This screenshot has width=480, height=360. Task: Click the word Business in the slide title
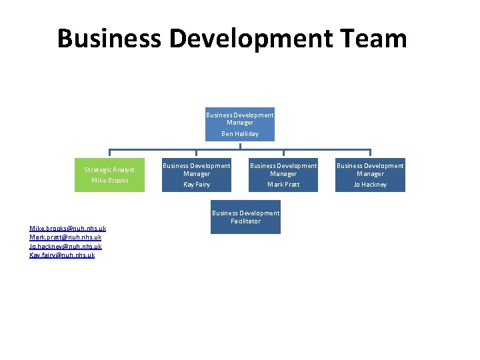click(x=109, y=39)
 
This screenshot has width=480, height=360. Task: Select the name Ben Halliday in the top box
click(x=240, y=134)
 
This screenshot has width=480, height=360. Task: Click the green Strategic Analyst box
click(x=109, y=175)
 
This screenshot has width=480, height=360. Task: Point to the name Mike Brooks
click(x=110, y=181)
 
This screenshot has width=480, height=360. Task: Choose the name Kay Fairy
click(x=197, y=185)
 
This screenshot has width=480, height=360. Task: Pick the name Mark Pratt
click(x=283, y=185)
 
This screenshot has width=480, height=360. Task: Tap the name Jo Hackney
click(x=370, y=185)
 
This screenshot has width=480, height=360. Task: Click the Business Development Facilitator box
click(x=245, y=219)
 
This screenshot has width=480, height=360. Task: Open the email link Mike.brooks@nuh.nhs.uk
click(x=67, y=229)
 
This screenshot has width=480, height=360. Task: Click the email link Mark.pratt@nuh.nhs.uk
click(x=65, y=237)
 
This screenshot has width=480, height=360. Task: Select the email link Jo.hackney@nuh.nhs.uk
click(x=65, y=246)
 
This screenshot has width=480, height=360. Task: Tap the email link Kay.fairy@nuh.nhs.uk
click(x=62, y=255)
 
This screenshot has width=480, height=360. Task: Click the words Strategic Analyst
click(x=109, y=170)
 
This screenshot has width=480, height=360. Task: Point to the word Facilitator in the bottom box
click(x=245, y=221)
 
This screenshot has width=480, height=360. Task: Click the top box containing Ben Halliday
click(x=240, y=124)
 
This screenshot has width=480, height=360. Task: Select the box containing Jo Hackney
click(x=370, y=175)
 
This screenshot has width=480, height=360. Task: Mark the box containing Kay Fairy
click(x=197, y=175)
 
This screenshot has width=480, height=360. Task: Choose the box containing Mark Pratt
click(x=283, y=175)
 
